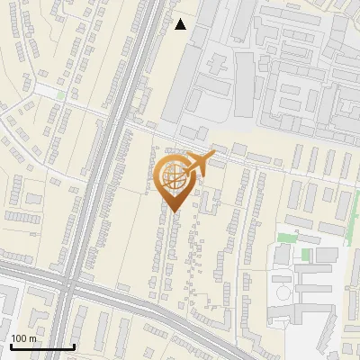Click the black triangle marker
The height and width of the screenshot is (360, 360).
click(x=181, y=24)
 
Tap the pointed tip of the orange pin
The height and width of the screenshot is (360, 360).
click(x=174, y=212)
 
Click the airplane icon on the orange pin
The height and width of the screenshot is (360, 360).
click(x=199, y=163)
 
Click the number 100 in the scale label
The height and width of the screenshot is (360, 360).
click(x=19, y=338)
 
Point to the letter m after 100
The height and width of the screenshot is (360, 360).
click(x=32, y=338)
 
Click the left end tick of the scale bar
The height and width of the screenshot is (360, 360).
click(x=10, y=346)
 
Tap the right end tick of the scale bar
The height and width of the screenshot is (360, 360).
click(x=74, y=346)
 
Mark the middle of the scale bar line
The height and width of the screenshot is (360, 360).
click(x=41, y=347)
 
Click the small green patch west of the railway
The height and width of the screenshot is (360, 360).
click(x=61, y=94)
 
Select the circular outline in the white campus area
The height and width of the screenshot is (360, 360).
click(x=283, y=292)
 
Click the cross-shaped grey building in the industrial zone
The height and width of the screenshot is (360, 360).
click(x=217, y=65)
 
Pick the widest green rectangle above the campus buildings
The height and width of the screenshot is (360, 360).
click(x=287, y=238)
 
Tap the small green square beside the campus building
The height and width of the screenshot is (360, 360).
click(x=305, y=255)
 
